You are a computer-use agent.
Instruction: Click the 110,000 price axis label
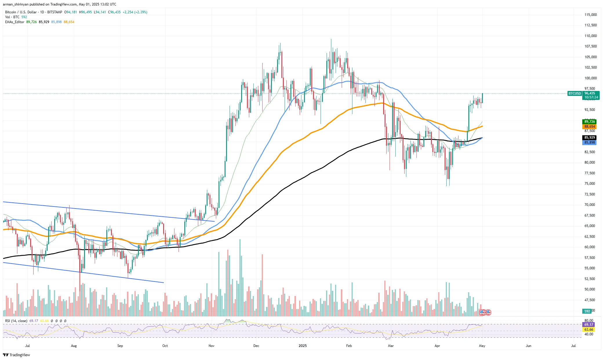[590, 36]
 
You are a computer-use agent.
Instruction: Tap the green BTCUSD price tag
[574, 94]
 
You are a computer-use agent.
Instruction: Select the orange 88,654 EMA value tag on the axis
[590, 127]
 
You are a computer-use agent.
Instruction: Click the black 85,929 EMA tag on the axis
[590, 138]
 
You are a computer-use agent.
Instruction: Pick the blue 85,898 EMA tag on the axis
[590, 142]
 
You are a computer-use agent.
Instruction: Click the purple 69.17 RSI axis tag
[589, 325]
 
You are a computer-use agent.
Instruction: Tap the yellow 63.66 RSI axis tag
[589, 330]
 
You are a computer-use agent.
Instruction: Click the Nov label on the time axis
[211, 346]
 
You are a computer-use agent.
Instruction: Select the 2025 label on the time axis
[303, 346]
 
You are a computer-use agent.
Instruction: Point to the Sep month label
[120, 346]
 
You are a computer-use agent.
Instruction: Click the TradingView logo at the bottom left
[17, 355]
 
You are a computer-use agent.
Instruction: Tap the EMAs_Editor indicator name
[14, 22]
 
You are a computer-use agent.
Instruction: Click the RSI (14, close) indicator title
[16, 321]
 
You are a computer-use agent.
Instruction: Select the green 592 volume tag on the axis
[587, 311]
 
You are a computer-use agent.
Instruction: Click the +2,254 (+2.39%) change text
[135, 12]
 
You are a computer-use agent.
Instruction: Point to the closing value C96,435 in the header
[114, 12]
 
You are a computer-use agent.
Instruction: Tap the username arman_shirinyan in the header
[16, 4]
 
